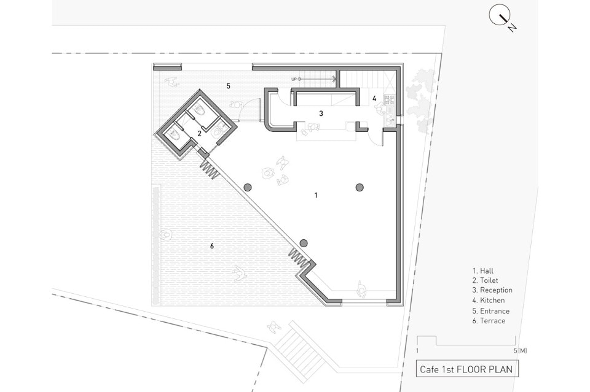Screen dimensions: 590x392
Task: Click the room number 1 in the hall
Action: (x=316, y=195)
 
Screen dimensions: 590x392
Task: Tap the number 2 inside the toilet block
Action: (x=199, y=133)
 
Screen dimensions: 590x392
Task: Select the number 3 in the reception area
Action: (x=321, y=113)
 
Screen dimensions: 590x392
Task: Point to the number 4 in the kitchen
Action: (x=374, y=98)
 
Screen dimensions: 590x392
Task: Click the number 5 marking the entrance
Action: (x=229, y=86)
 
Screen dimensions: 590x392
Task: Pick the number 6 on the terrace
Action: (x=212, y=246)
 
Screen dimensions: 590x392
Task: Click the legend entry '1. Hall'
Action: (x=483, y=271)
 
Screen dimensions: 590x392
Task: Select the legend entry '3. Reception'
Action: (x=492, y=290)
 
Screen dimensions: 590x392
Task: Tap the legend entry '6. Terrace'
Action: (x=489, y=321)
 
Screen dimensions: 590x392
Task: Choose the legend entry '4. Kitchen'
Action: (x=489, y=301)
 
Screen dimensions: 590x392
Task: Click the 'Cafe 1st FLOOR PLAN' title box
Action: (x=466, y=369)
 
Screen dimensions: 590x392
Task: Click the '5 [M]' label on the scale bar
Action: (x=520, y=351)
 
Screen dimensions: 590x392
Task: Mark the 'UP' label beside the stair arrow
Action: (x=294, y=79)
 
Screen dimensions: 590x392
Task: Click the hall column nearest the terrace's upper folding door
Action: (x=248, y=187)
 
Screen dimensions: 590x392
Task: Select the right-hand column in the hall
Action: (x=360, y=187)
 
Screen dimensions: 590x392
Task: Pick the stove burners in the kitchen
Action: (x=389, y=99)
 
